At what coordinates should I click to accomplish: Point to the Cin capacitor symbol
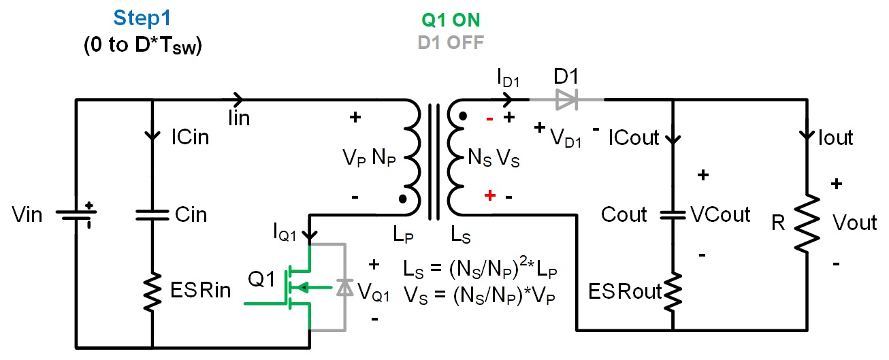pos(152,214)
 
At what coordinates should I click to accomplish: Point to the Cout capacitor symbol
pos(673,214)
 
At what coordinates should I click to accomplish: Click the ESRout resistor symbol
pos(673,291)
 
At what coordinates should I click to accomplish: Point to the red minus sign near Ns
pos(490,118)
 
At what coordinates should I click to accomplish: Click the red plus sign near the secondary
pos(489,197)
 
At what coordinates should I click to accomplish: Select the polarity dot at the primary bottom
pos(403,199)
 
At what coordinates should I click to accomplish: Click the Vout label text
pos(855,223)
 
